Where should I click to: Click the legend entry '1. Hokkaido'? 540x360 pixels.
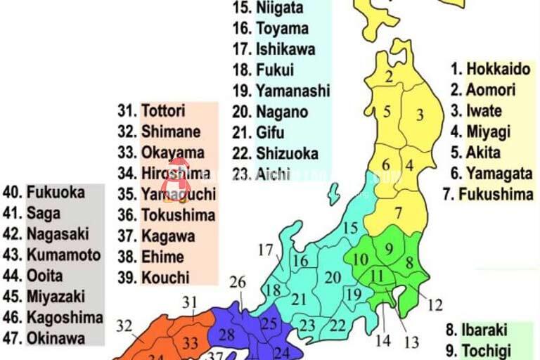[490, 69]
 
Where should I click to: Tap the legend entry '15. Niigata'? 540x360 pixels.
[269, 8]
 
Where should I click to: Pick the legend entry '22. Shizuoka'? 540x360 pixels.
[276, 153]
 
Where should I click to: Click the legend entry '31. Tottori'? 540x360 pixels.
[152, 110]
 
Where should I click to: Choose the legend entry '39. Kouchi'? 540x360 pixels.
[154, 277]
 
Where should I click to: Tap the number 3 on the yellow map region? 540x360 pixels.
[420, 114]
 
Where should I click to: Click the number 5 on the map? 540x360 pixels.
[387, 111]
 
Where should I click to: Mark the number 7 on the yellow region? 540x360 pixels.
[398, 212]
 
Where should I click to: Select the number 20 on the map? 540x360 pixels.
[333, 278]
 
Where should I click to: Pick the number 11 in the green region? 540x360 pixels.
[378, 276]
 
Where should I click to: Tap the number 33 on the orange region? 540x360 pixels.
[189, 344]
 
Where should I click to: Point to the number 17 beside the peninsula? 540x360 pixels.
[266, 250]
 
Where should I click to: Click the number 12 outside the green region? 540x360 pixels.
[435, 305]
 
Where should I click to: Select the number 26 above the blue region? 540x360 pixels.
[238, 283]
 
